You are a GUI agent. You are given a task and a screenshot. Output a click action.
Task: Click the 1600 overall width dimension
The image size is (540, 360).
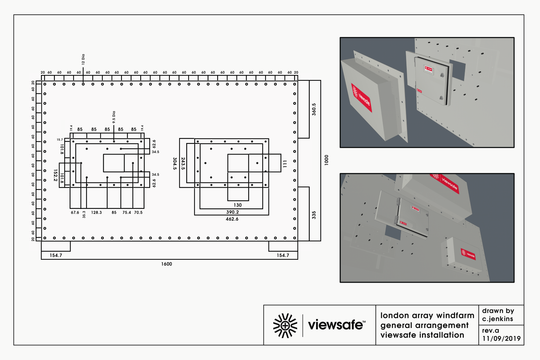click(x=167, y=264)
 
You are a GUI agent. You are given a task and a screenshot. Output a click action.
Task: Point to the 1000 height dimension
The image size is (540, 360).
click(x=326, y=160)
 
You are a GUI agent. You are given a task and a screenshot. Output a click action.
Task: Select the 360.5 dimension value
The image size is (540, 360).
click(x=314, y=109)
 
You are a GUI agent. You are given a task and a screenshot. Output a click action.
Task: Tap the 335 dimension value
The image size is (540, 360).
click(x=314, y=215)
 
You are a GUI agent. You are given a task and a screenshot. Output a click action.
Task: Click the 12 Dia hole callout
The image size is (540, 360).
click(x=83, y=59)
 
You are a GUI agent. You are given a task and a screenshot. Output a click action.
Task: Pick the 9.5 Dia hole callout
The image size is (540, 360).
click(x=114, y=117)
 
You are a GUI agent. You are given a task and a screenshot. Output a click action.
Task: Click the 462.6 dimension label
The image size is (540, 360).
click(x=232, y=219)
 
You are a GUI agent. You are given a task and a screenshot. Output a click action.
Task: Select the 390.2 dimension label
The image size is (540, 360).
click(x=233, y=212)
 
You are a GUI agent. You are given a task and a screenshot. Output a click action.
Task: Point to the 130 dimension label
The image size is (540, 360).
click(x=238, y=205)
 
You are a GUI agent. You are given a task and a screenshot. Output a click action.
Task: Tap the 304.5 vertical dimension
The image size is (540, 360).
click(x=175, y=164)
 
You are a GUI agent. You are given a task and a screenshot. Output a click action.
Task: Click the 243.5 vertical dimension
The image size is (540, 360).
click(x=183, y=164)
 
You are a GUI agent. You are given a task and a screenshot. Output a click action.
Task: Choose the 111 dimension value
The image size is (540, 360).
click(x=285, y=164)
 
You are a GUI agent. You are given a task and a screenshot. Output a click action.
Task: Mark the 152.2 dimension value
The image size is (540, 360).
click(x=56, y=175)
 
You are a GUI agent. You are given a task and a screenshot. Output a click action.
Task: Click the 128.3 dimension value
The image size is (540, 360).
click(x=97, y=212)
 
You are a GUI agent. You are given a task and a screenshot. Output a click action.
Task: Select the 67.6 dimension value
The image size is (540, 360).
click(x=75, y=212)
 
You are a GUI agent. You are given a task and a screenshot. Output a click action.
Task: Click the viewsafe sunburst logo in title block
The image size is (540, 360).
click(x=285, y=325)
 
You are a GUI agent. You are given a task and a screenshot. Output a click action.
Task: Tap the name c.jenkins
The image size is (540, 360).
click(x=498, y=319)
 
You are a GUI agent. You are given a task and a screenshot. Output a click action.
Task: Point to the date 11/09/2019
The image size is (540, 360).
click(x=501, y=339)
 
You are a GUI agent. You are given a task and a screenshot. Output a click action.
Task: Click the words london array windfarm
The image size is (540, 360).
click(x=427, y=315)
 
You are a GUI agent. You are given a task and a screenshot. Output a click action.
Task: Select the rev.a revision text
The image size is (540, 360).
click(x=491, y=330)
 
